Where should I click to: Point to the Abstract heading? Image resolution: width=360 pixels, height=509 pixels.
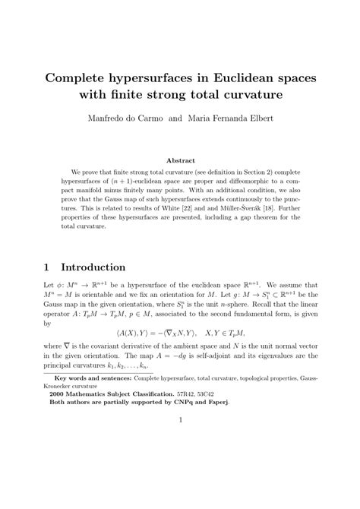(x=180, y=161)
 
